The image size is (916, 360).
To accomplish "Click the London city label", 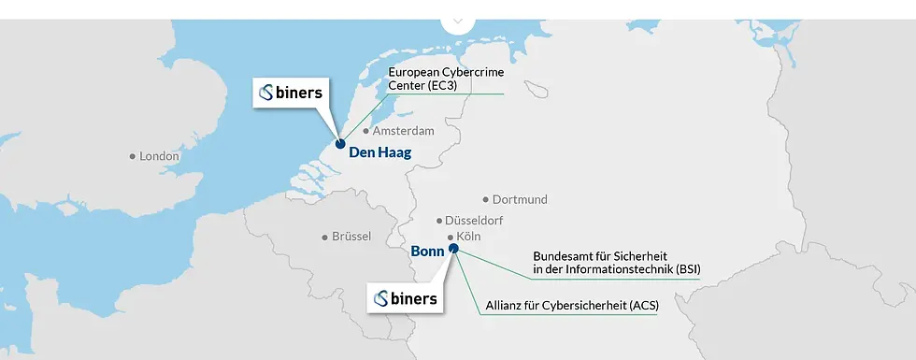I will click(x=159, y=156).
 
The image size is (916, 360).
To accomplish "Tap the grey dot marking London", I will click(x=133, y=156).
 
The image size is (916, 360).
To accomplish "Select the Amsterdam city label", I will click(x=403, y=131).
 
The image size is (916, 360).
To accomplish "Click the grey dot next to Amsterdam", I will click(x=365, y=132).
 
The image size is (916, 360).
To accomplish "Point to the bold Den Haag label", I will click(x=379, y=152).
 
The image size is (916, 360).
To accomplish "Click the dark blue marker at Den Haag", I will click(x=340, y=144).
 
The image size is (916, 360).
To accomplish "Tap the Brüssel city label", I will click(x=351, y=237).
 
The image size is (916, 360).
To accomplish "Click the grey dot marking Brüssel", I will click(x=324, y=237).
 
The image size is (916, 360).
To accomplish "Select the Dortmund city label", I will click(x=520, y=199).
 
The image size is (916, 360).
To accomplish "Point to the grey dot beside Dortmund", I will click(x=486, y=199).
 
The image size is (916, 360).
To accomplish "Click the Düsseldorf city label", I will click(x=474, y=221).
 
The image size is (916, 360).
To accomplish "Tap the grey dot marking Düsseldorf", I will click(x=439, y=221).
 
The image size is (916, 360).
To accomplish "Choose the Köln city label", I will click(x=468, y=237).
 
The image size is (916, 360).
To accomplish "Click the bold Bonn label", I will click(x=427, y=252).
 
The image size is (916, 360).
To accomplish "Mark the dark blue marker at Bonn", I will click(x=453, y=249).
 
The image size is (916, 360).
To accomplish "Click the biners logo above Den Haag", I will click(x=291, y=93).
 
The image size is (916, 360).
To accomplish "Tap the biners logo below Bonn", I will click(x=405, y=298).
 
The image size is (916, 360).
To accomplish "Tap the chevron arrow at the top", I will click(x=457, y=19).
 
